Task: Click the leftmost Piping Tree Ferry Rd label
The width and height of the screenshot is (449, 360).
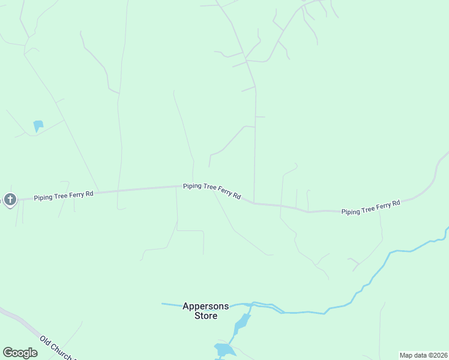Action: coord(64,196)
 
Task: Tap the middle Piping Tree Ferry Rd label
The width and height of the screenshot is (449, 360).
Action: coord(212,191)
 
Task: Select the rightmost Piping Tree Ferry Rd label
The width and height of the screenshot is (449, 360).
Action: coord(370,208)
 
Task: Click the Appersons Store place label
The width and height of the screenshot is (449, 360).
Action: coord(205,310)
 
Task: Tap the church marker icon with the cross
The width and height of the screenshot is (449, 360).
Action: coord(10,199)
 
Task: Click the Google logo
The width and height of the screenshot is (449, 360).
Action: coord(20,353)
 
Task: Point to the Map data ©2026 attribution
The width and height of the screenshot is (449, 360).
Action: coord(423,355)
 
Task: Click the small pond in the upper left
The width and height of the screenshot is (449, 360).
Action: coord(38,125)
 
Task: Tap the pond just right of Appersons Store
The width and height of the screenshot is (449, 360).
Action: coord(242,324)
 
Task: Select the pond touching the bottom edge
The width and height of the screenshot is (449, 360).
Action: coord(224,350)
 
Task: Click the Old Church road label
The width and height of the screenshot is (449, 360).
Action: coord(56,348)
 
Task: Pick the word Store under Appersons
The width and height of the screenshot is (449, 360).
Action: coord(206,316)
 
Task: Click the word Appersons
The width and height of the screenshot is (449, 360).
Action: coord(205,306)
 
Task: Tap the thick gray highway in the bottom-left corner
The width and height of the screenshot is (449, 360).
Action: coord(18,321)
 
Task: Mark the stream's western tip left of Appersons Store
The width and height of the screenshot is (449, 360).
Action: coord(163,304)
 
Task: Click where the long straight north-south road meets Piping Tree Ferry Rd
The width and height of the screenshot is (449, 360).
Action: coord(254,202)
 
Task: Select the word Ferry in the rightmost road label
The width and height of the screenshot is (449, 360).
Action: coord(378,207)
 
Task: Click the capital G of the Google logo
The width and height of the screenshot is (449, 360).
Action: coord(8,353)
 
